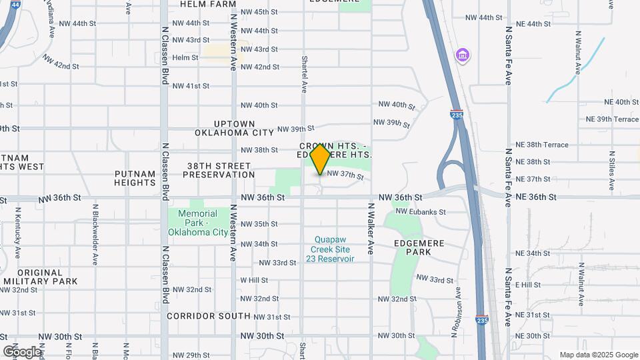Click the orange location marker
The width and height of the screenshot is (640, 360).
click(x=321, y=159)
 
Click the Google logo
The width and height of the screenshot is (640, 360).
click(x=21, y=351)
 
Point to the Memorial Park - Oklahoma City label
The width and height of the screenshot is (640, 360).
click(x=197, y=223)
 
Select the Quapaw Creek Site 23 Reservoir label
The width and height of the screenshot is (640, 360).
click(x=330, y=249)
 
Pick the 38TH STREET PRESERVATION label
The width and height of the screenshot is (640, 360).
click(x=219, y=170)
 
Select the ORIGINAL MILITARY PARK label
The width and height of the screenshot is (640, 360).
click(x=39, y=277)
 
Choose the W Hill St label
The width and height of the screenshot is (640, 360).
click(x=254, y=280)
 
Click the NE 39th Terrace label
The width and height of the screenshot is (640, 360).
click(x=612, y=119)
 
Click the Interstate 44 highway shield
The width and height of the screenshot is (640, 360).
click(x=15, y=4)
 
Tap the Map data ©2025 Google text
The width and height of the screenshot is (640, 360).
click(x=599, y=355)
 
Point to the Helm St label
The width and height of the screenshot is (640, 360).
click(x=185, y=58)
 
